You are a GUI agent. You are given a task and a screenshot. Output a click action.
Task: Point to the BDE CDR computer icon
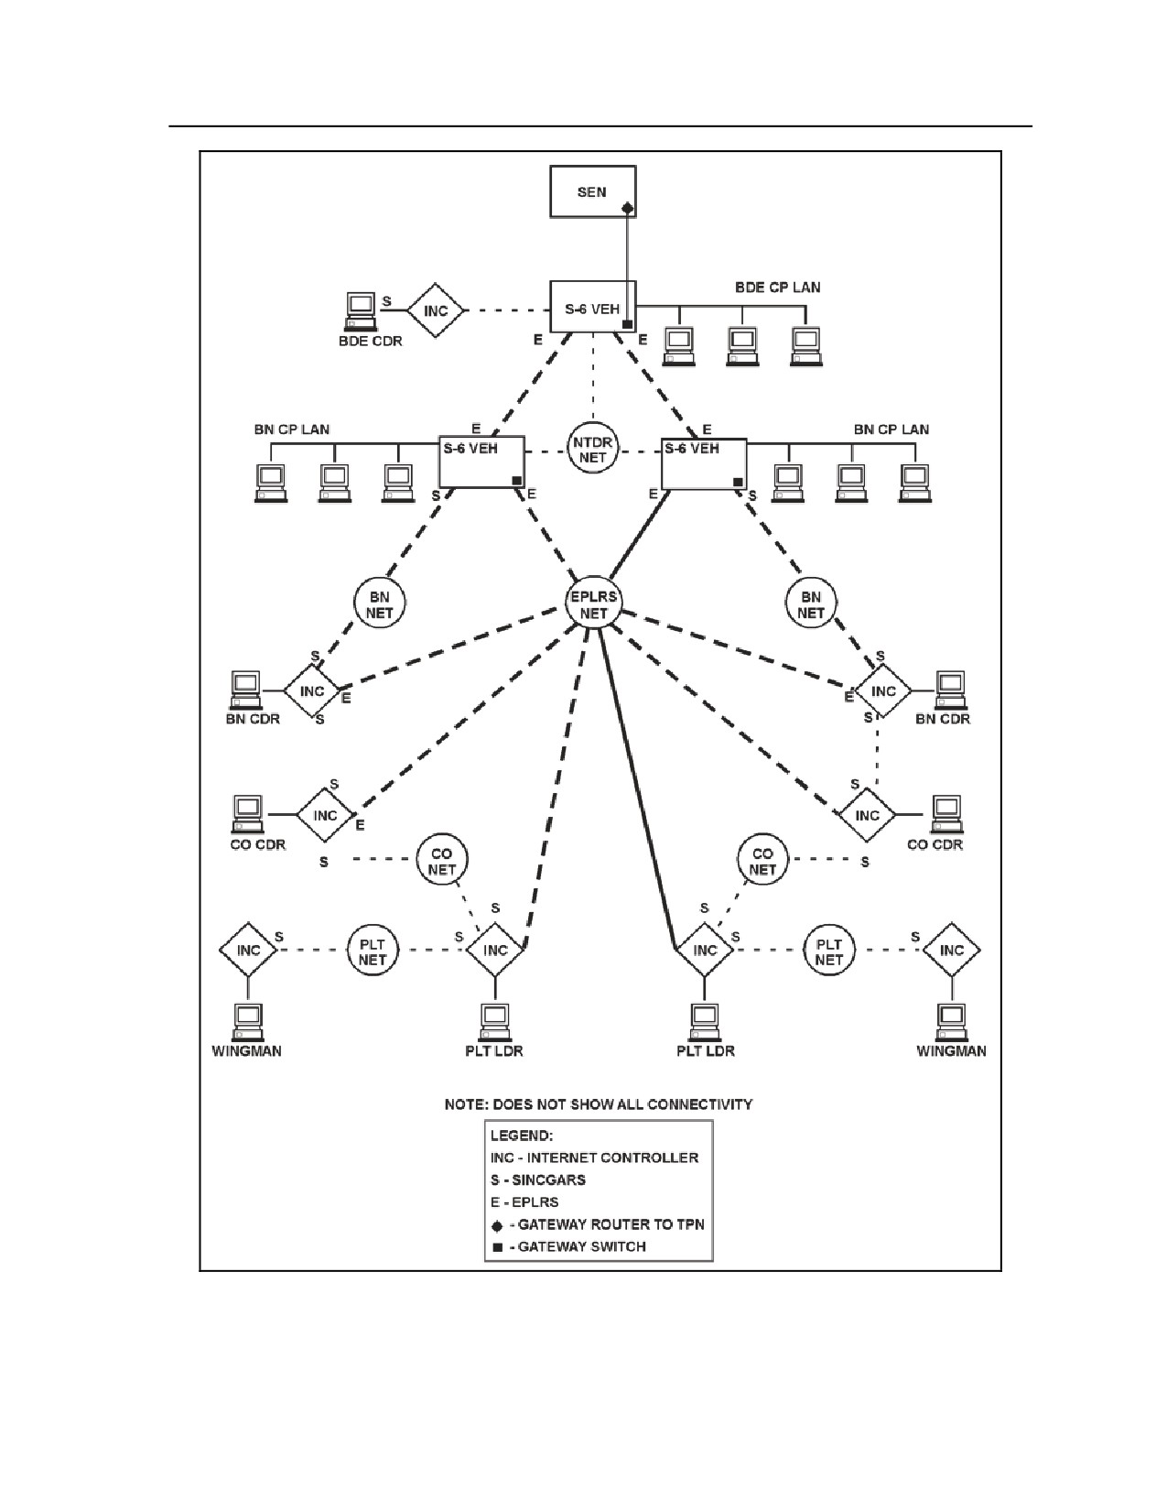tap(361, 310)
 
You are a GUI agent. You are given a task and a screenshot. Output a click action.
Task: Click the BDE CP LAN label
tap(777, 288)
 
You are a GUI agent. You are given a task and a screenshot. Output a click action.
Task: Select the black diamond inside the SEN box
tap(627, 207)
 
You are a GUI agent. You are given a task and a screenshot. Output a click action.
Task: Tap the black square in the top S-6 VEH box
tap(627, 324)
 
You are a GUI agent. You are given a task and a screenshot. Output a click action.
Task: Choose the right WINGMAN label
tap(951, 1050)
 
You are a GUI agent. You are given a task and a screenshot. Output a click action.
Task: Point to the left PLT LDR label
tap(493, 1050)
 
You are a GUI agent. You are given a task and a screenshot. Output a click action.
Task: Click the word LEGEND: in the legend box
tap(522, 1136)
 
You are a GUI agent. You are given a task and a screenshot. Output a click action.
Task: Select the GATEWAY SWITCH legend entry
tap(569, 1246)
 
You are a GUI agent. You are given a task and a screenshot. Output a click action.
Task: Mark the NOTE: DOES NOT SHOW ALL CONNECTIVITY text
tap(599, 1104)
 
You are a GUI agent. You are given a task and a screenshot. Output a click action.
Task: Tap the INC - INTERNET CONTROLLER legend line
tap(594, 1158)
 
